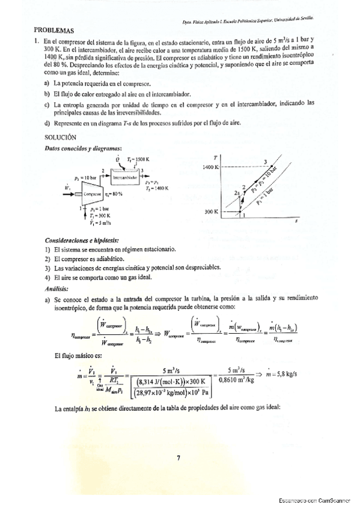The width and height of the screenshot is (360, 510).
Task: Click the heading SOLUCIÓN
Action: point(60,137)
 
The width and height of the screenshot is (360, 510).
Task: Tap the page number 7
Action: point(178,458)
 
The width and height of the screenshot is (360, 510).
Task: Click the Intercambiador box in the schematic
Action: point(125,178)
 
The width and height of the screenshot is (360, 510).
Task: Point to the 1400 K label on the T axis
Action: point(211,167)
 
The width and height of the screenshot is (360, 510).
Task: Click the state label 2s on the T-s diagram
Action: point(236,193)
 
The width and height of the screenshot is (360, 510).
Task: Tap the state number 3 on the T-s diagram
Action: point(264,161)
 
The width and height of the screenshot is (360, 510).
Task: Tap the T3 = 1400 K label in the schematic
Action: point(156,188)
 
